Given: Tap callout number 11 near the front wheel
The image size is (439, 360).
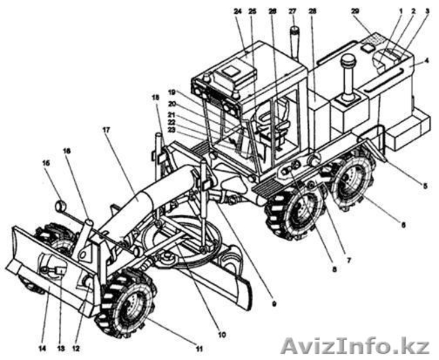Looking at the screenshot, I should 199,349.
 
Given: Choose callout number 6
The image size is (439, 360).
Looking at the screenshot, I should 404,225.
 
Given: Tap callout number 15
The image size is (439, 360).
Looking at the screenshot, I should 46,163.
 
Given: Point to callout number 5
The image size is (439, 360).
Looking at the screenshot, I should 425,186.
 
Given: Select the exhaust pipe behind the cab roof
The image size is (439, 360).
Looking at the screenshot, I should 294,42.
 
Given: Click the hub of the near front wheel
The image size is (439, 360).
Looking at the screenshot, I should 128,305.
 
